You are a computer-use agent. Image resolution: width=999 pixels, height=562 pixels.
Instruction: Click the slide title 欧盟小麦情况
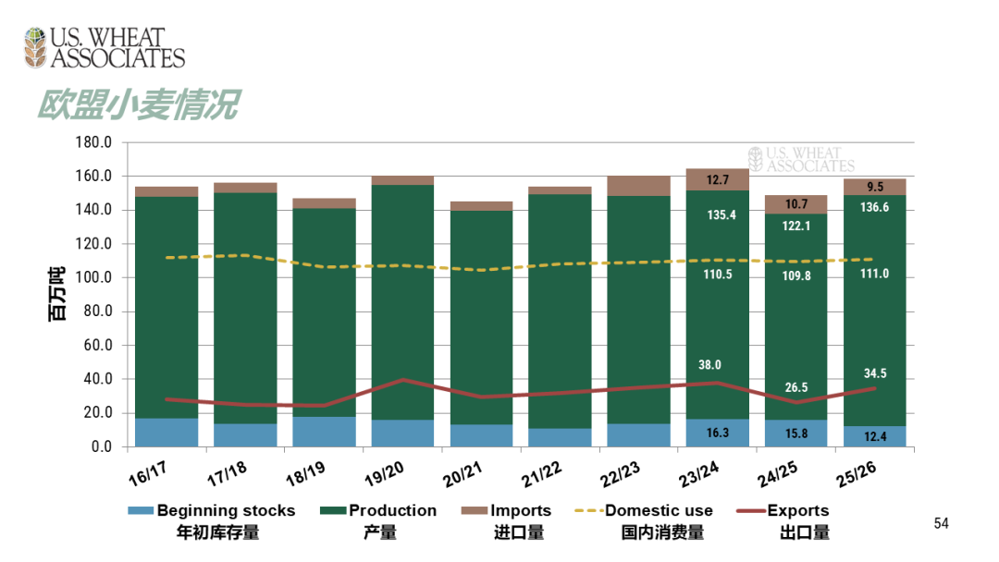pyautogui.click(x=138, y=104)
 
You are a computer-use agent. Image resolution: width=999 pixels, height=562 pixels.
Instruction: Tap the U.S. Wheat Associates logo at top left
pyautogui.click(x=105, y=48)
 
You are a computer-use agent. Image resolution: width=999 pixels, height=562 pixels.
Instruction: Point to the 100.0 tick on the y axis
pyautogui.click(x=92, y=278)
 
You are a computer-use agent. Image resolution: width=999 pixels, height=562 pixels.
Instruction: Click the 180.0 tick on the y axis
pyautogui.click(x=92, y=143)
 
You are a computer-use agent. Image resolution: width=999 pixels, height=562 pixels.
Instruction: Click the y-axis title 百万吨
pyautogui.click(x=57, y=295)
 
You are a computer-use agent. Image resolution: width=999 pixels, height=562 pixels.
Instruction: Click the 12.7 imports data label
pyautogui.click(x=718, y=180)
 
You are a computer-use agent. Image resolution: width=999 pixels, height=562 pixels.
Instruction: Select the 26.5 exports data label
pyautogui.click(x=795, y=387)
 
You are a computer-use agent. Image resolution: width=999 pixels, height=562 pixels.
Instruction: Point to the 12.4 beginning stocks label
pyautogui.click(x=874, y=436)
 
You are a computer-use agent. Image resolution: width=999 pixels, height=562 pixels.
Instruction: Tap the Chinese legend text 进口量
pyautogui.click(x=518, y=532)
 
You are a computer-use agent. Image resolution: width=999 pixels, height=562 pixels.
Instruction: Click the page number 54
pyautogui.click(x=941, y=524)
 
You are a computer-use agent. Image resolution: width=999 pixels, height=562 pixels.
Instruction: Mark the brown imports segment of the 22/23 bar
pyautogui.click(x=638, y=185)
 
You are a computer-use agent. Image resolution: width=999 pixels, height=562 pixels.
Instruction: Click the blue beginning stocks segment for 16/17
pyautogui.click(x=166, y=433)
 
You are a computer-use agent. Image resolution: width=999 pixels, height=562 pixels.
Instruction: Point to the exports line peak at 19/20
pyautogui.click(x=402, y=380)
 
